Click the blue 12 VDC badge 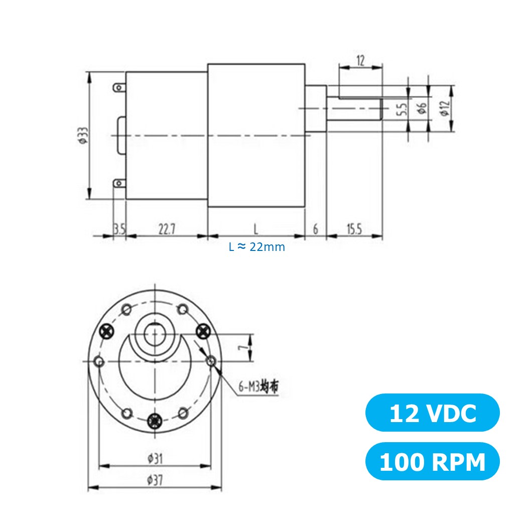click(432, 413)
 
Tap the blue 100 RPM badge click(432, 461)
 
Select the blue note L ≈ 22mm click(257, 247)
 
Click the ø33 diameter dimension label click(82, 136)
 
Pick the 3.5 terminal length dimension click(119, 229)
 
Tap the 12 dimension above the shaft click(360, 60)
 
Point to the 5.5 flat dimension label click(401, 109)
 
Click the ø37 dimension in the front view click(155, 480)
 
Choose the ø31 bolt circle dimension click(155, 458)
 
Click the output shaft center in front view click(155, 334)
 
